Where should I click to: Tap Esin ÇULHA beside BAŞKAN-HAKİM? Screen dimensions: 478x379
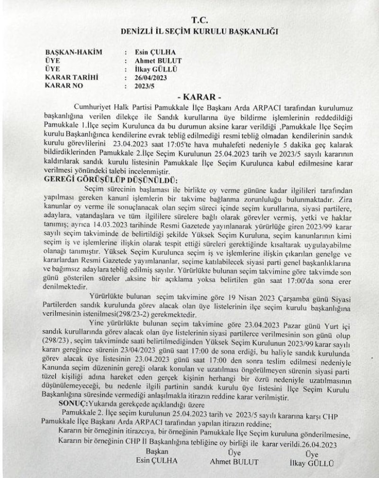point(150,53)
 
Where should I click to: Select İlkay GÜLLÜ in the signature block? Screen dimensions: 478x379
point(311,462)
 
